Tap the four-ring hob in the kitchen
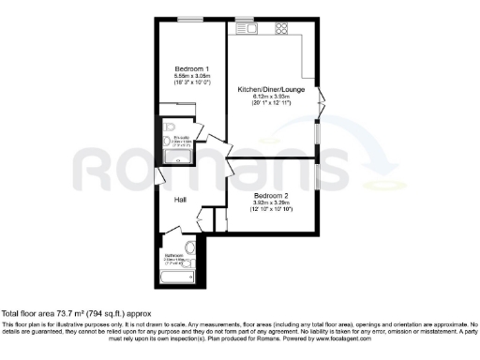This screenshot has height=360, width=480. [x=280, y=29]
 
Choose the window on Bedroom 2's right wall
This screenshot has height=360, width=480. [x=317, y=175]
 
